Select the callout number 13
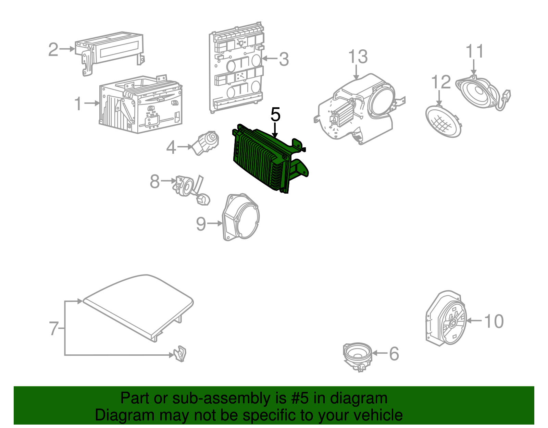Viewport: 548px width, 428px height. tap(358, 57)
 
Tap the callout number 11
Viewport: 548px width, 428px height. tap(474, 51)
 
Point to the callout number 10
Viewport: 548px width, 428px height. tap(494, 321)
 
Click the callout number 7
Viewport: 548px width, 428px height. tap(54, 328)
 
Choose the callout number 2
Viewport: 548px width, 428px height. tap(53, 49)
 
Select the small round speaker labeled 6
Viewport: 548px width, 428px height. tap(358, 357)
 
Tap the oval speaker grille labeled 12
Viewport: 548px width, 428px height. tap(443, 121)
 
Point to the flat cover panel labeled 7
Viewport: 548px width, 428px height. tap(138, 308)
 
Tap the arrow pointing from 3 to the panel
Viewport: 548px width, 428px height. tap(270, 59)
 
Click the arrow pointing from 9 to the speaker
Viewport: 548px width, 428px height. tap(215, 223)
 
